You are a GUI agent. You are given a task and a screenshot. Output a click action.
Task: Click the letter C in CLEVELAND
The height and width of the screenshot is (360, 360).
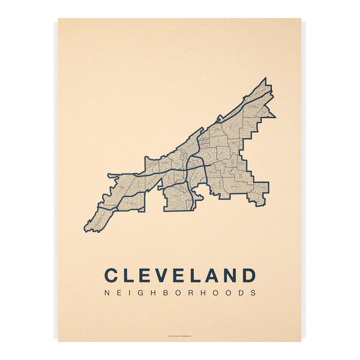112,275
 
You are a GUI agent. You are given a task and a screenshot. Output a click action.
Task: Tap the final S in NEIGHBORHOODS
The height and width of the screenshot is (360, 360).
254,293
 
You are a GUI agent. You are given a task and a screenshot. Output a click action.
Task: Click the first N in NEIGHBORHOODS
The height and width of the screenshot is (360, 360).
107,293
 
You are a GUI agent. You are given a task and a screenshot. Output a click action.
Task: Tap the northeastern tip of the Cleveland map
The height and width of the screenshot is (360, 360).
264,79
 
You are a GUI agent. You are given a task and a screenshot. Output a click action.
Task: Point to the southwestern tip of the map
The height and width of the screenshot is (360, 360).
86,230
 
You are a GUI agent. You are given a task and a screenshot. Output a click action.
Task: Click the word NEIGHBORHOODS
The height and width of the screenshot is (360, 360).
180,293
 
